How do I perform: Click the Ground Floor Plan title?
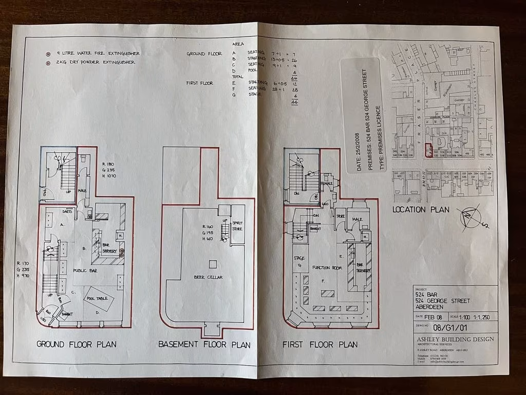click(x=77, y=344)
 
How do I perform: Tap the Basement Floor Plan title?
click(x=204, y=345)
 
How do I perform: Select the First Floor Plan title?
click(x=320, y=344)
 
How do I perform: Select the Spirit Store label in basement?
click(x=237, y=226)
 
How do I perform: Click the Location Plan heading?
click(x=421, y=209)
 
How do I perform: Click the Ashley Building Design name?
click(x=455, y=339)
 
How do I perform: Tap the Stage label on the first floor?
click(x=298, y=259)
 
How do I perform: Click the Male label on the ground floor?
click(x=82, y=191)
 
